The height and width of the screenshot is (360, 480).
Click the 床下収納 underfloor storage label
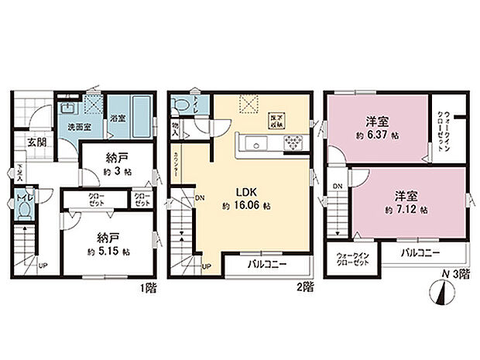276,119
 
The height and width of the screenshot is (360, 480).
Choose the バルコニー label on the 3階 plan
420,253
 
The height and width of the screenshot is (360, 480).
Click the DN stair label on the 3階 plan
338,187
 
